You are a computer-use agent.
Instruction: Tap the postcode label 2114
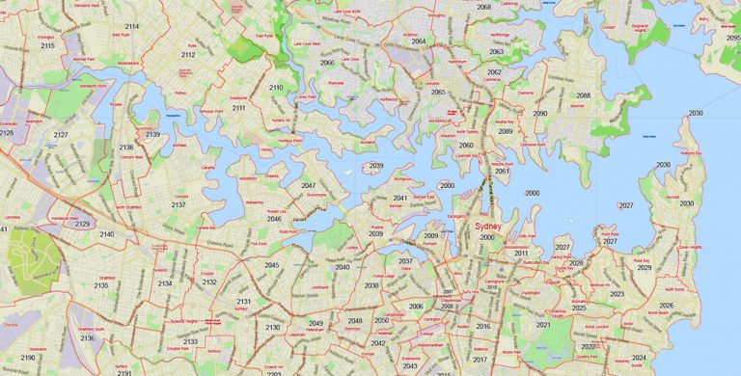click(131, 26)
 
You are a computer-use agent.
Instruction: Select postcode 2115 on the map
click(47, 45)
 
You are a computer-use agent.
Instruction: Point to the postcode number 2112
click(188, 55)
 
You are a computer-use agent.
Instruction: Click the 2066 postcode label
click(327, 63)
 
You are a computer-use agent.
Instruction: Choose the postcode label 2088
click(583, 95)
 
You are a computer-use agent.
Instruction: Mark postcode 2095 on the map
click(733, 38)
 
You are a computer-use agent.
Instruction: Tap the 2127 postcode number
click(61, 135)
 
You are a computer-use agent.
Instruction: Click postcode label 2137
click(178, 205)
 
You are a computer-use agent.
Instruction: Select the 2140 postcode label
click(106, 234)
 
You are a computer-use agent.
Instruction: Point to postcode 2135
click(101, 285)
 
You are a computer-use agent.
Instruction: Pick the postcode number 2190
click(28, 358)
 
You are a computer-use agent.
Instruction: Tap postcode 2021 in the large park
click(543, 325)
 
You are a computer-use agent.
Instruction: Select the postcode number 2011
click(521, 253)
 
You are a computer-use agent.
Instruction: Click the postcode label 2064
click(418, 41)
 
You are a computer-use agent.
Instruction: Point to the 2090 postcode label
click(539, 114)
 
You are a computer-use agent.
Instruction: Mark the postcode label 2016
click(483, 327)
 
